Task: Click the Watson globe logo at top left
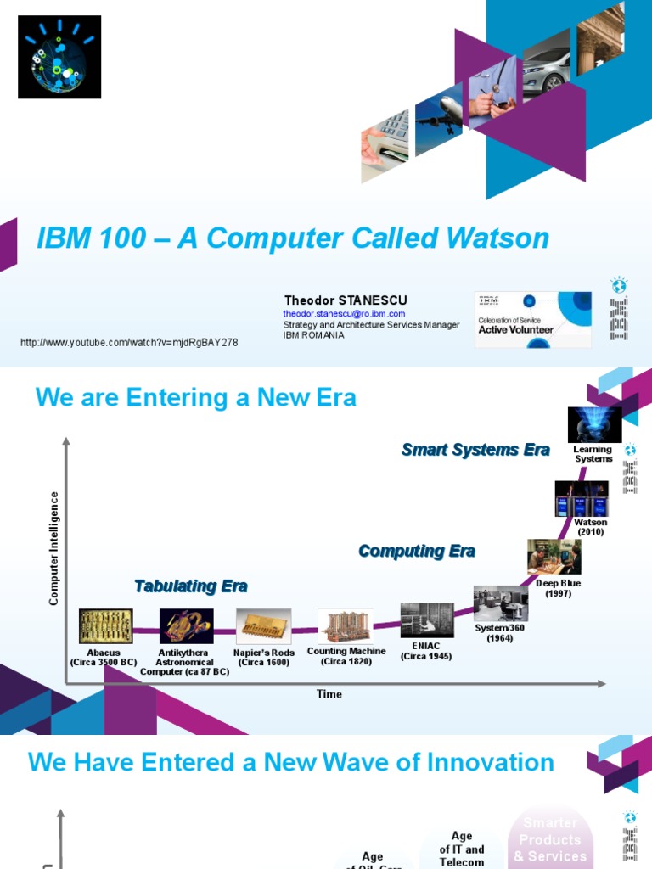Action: coord(59,57)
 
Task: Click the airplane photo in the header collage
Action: coord(438,115)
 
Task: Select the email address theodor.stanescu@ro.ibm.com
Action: coord(344,314)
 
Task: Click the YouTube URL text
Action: coord(129,343)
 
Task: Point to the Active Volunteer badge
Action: coord(532,320)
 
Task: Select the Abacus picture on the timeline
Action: coord(105,626)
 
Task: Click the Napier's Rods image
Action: coord(263,626)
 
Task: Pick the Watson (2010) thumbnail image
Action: coord(582,499)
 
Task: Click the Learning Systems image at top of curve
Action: coord(594,424)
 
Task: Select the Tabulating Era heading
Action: coord(191,586)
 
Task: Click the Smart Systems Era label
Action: coord(475,450)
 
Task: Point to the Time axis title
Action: coord(329,694)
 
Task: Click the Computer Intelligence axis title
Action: coord(54,548)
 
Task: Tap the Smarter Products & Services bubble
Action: coord(551,839)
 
